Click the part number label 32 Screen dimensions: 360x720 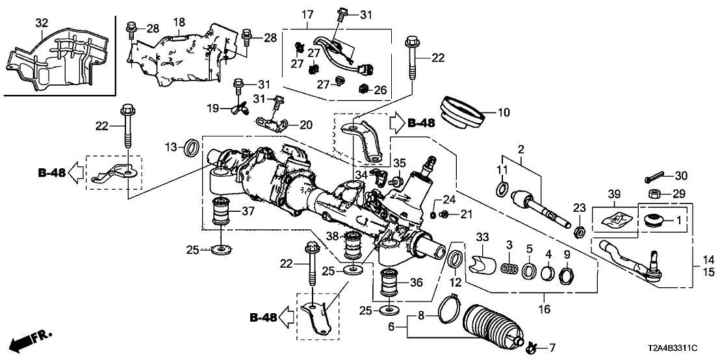[x=41, y=22]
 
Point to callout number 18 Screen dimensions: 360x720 [x=179, y=22]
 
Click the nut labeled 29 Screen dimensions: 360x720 [x=655, y=193]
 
